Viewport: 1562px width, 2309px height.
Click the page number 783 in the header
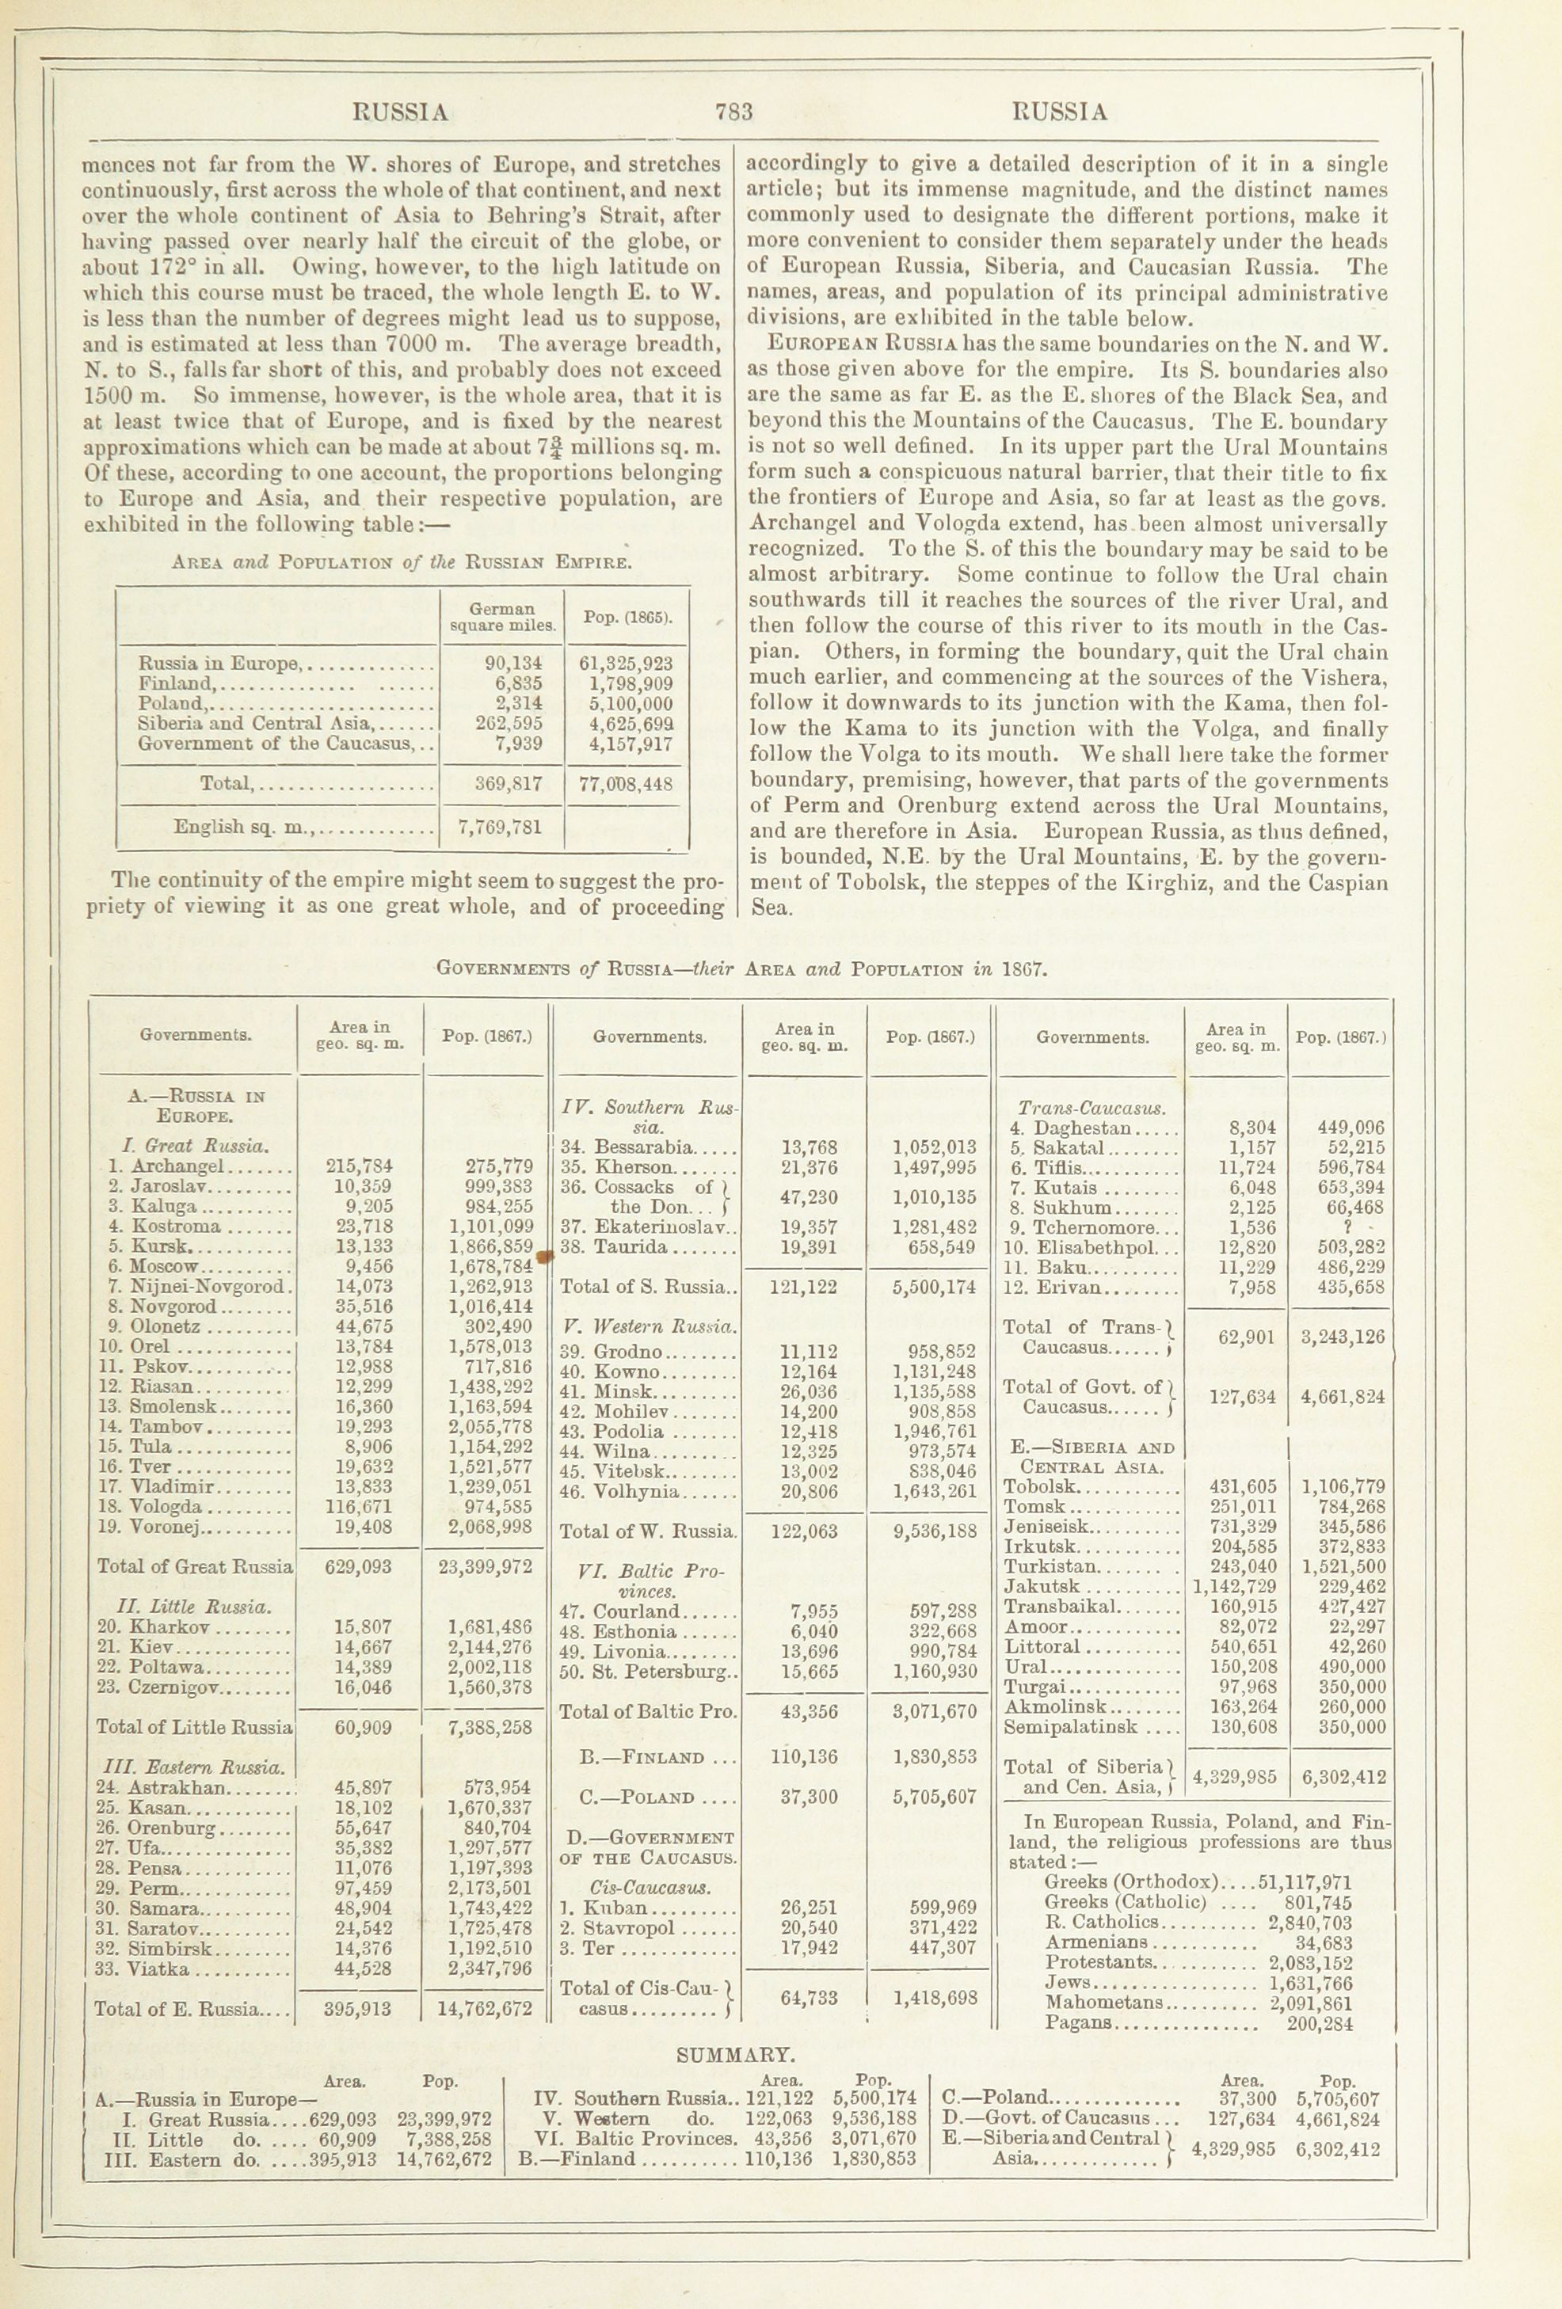(x=733, y=112)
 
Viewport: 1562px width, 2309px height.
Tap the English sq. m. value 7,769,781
(x=501, y=827)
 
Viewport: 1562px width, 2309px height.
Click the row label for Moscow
(x=165, y=1267)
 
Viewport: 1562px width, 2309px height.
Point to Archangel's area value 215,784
(x=359, y=1166)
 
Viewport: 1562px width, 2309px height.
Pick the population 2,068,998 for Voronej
(x=491, y=1527)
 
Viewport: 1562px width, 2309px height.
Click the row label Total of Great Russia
(x=195, y=1567)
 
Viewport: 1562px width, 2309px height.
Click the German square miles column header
(x=501, y=617)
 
